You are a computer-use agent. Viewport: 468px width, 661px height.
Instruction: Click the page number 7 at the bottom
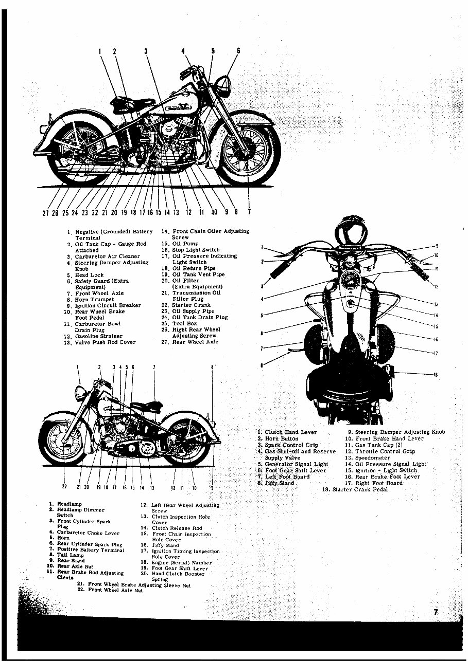436,612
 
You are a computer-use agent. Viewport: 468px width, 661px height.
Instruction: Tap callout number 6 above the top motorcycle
238,51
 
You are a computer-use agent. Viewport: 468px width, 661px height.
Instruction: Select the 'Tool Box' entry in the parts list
185,323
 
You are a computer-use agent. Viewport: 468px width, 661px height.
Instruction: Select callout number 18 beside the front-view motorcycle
436,375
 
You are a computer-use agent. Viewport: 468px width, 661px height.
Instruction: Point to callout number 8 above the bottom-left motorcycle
212,367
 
